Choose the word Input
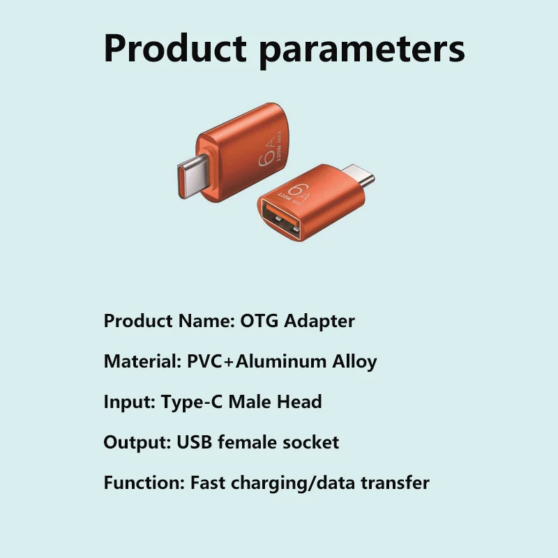pos(129,402)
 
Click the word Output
pos(137,443)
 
